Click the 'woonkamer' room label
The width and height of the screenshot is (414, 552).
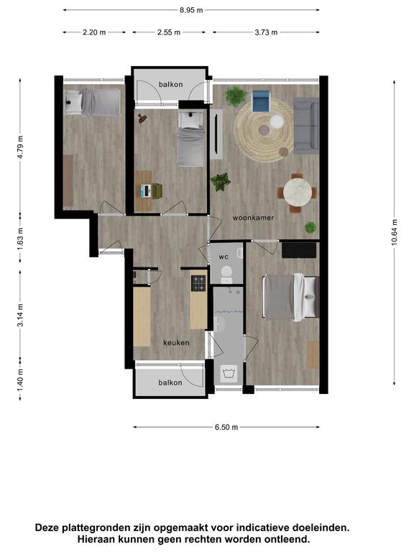pos(253,218)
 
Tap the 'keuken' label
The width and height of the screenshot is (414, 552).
pos(176,343)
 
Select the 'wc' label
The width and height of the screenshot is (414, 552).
pos(224,257)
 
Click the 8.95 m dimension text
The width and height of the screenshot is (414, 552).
pos(191,10)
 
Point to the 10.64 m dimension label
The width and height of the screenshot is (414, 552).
pos(395,231)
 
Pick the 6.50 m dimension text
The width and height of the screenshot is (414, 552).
pos(226,428)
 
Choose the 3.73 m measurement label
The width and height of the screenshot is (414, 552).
pos(266,32)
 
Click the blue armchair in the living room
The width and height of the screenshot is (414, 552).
pos(261,101)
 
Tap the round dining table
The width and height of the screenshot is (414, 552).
pos(298,193)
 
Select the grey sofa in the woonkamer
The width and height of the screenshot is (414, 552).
pos(306,126)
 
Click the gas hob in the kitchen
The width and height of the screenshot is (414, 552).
pos(198,283)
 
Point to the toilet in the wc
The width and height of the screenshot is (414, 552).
pos(226,274)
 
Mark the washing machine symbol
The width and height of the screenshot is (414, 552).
pos(229,372)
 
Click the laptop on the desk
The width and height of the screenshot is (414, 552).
pos(146,190)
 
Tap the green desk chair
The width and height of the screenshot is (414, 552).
pos(157,190)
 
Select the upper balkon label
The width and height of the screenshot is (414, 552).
pos(171,85)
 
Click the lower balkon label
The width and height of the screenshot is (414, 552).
pos(170,382)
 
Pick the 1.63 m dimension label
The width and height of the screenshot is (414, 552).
pos(20,239)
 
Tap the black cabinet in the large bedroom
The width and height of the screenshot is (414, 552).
pos(299,250)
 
